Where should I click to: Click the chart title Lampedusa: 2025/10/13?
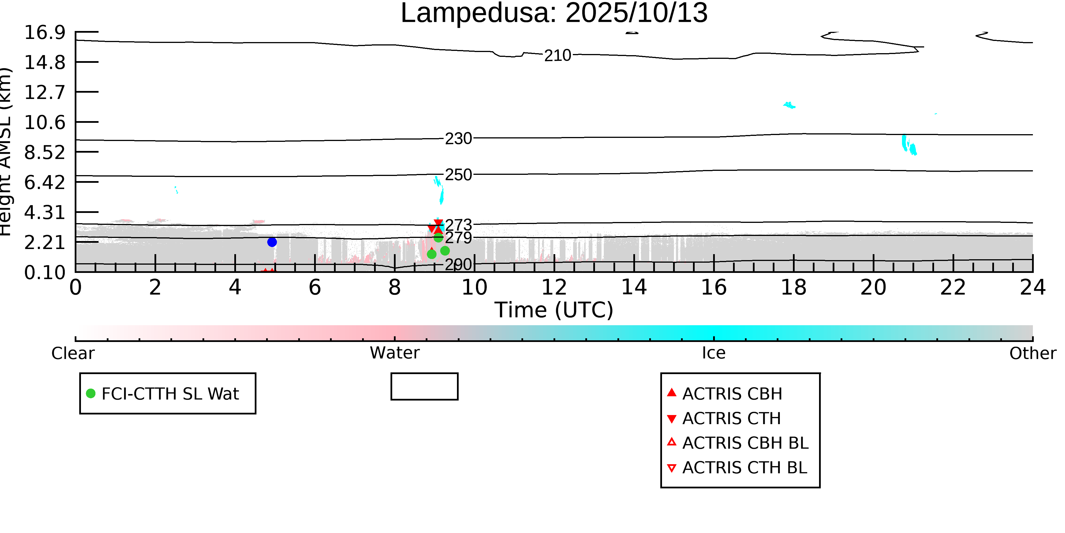point(554,13)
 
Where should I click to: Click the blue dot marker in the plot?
point(272,242)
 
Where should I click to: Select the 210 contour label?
point(557,55)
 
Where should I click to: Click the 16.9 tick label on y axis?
point(45,33)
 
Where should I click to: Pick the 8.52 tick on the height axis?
point(45,153)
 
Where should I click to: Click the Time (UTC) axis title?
point(554,310)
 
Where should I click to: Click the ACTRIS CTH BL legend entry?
point(744,468)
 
